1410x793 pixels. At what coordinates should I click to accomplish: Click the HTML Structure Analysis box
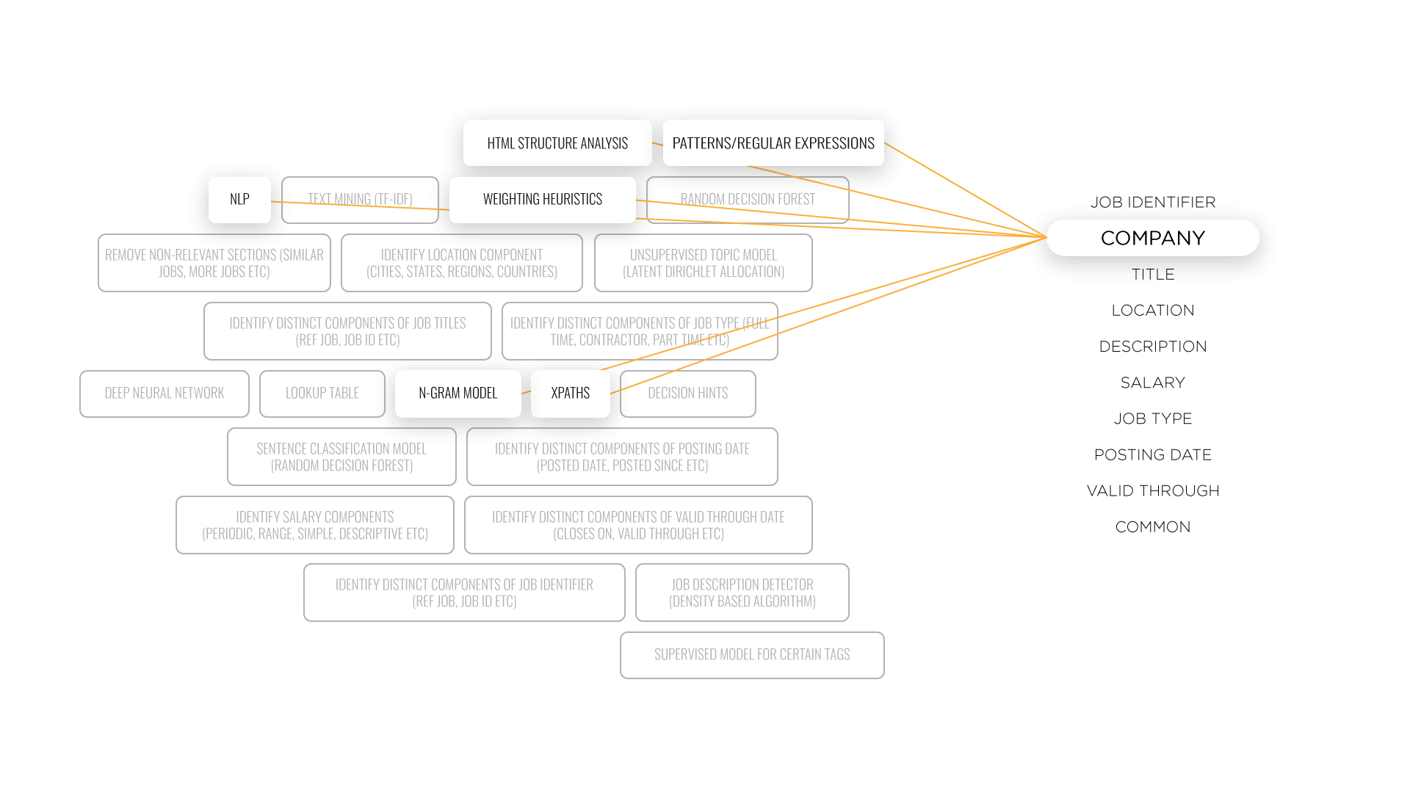557,143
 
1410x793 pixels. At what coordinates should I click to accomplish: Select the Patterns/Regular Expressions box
773,143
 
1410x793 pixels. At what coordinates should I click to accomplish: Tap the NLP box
239,200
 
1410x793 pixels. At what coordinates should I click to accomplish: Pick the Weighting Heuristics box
543,200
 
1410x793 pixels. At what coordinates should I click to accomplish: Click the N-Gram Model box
458,394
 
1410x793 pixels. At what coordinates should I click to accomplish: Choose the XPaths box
571,394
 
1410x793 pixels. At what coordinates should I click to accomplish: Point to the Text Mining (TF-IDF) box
360,200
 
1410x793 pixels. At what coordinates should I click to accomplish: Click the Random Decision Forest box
748,200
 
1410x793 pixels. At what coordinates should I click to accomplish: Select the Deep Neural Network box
164,394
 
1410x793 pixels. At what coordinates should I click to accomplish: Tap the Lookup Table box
322,394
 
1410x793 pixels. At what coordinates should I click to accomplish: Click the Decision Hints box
688,394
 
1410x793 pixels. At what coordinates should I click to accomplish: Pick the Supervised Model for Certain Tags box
752,655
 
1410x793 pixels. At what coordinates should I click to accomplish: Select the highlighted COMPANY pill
1153,238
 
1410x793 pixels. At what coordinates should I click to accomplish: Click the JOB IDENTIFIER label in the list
1153,202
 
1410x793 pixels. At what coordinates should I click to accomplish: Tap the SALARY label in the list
1153,383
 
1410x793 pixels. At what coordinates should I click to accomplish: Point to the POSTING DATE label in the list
1153,455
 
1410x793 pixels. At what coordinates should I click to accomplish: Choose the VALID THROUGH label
1153,490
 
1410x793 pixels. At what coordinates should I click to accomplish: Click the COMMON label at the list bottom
1153,527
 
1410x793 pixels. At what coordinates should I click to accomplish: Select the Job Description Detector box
742,593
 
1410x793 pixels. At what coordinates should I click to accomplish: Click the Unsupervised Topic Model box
704,263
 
